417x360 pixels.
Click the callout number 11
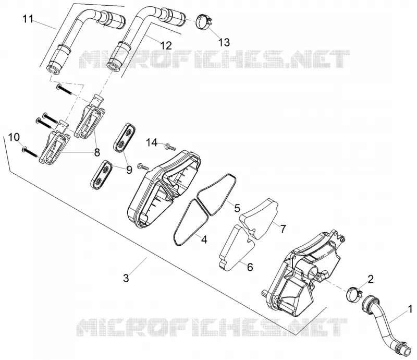coord(28,19)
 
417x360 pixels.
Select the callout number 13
coord(224,42)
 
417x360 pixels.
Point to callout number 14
coord(152,143)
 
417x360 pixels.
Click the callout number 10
coord(14,137)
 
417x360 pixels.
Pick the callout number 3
coord(126,278)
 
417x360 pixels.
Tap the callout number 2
coord(371,279)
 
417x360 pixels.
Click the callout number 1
coord(410,309)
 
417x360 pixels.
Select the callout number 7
coord(283,228)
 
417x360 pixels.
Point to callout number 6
coord(250,267)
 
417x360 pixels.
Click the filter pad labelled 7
coord(259,218)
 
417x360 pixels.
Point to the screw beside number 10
coord(30,152)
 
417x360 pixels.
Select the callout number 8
coord(97,152)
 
